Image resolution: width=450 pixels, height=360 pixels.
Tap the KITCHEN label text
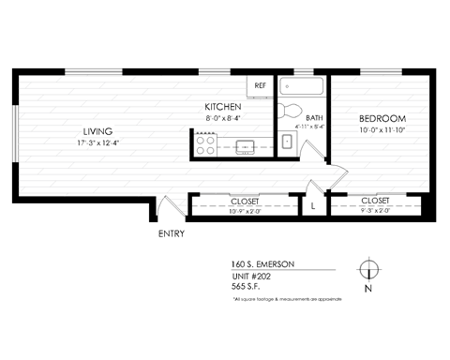click(224, 108)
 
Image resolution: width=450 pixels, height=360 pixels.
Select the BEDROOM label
click(382, 119)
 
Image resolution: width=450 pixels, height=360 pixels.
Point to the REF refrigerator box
click(260, 86)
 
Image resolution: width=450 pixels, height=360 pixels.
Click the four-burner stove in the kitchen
click(204, 145)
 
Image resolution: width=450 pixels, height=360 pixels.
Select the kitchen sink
click(247, 145)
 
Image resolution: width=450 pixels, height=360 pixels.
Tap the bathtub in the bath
click(301, 86)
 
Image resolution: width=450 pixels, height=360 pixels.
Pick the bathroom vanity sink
click(288, 142)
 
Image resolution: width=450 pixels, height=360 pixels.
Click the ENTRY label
click(172, 233)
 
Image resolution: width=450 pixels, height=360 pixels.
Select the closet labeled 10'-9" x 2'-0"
click(244, 205)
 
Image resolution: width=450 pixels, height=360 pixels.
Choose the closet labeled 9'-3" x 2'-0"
click(375, 205)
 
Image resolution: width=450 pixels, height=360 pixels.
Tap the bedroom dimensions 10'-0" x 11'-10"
click(382, 131)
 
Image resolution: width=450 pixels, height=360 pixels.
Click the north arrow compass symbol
click(371, 270)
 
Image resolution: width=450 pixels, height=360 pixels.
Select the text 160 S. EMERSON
click(262, 264)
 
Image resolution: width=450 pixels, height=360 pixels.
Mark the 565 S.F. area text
click(247, 287)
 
